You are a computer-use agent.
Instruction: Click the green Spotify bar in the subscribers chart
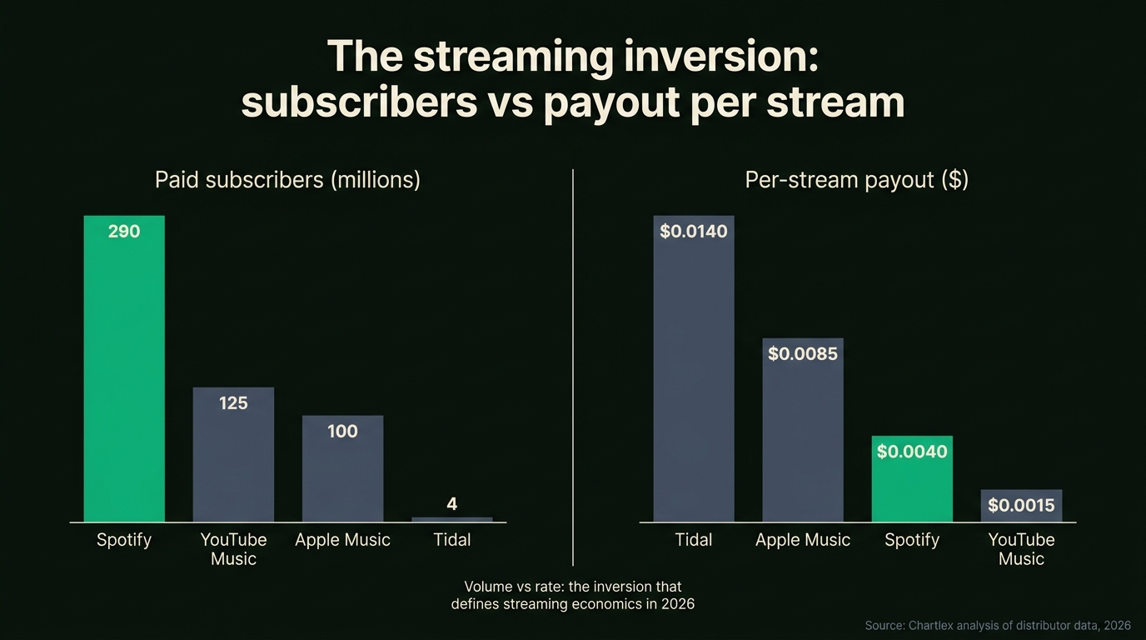click(124, 375)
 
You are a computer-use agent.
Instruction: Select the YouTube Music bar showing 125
click(233, 462)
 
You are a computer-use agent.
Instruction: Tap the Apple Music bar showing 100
click(342, 475)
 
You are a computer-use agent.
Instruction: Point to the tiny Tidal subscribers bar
click(451, 519)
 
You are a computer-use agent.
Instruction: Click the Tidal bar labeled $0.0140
click(693, 375)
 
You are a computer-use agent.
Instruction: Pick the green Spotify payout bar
click(912, 487)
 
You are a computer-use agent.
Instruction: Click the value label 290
click(124, 232)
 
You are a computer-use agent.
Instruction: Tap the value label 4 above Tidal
click(451, 503)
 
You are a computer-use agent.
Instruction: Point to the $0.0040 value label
click(912, 452)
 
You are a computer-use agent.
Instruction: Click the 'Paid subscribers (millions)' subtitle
click(287, 180)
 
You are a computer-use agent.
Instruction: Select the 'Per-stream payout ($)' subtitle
click(856, 180)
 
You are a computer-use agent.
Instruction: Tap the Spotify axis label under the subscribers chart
click(124, 540)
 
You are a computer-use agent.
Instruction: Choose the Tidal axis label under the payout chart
click(693, 540)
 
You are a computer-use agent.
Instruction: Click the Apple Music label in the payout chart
click(802, 540)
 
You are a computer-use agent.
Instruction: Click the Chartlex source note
click(998, 625)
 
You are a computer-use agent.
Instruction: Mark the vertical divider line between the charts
click(573, 367)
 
